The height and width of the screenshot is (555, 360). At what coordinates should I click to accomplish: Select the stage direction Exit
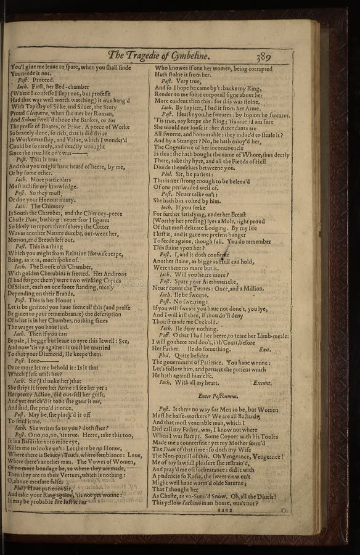264,349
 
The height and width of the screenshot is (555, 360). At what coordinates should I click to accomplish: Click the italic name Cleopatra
43,113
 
